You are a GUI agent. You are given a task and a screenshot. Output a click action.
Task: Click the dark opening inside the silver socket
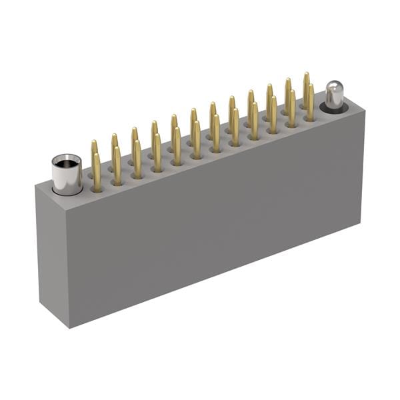[x=67, y=162]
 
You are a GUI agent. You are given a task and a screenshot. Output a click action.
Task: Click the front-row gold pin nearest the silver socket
[x=97, y=172]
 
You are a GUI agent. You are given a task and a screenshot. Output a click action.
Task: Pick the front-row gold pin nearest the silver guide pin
[x=310, y=102]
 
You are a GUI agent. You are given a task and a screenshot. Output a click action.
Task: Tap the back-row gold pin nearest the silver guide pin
[x=306, y=85]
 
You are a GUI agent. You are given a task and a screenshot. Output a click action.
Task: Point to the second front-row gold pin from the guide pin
[x=291, y=108]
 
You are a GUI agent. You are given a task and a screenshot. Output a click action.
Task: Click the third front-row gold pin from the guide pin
[x=273, y=114]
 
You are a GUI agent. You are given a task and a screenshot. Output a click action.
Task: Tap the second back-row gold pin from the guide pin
[x=288, y=91]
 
